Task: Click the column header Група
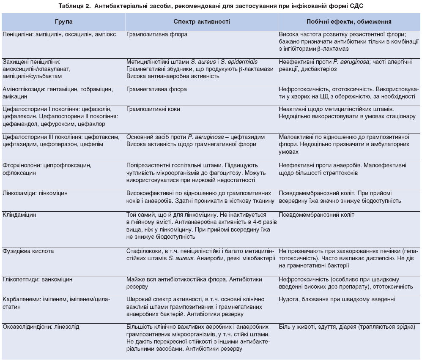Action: pos(63,21)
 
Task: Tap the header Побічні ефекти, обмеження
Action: pos(348,21)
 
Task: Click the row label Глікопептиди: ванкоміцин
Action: pos(37,279)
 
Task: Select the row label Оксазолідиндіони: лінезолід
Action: pos(41,327)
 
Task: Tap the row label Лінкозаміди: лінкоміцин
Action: pos(35,193)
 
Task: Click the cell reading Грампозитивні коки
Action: pos(153,109)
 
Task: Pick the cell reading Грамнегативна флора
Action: pos(156,90)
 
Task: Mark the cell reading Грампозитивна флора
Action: pos(157,34)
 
